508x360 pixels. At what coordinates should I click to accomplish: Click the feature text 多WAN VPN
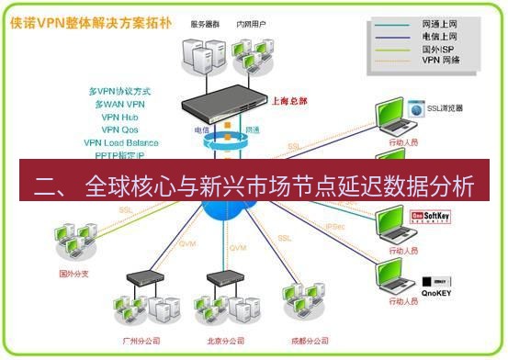[121, 105]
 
